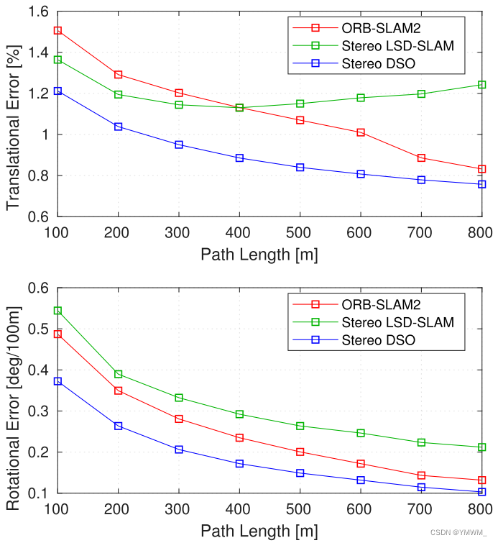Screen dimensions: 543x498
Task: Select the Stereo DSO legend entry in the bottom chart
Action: (x=378, y=340)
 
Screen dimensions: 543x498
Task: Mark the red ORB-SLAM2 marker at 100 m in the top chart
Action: (x=57, y=31)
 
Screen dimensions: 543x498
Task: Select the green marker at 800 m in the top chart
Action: (x=481, y=85)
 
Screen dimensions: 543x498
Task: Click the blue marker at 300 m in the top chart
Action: (x=179, y=145)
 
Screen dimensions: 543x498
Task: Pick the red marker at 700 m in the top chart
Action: (x=421, y=158)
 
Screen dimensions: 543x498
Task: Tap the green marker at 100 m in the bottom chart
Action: (x=57, y=311)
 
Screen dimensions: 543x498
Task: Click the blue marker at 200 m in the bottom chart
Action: (x=119, y=426)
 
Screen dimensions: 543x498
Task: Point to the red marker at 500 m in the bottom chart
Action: (x=300, y=452)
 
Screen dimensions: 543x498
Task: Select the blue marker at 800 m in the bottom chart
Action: (x=481, y=492)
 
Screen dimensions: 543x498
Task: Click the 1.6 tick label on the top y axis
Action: (x=37, y=12)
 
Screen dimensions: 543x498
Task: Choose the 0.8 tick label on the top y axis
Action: (x=37, y=175)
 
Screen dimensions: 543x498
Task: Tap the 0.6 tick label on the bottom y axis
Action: (x=37, y=288)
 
